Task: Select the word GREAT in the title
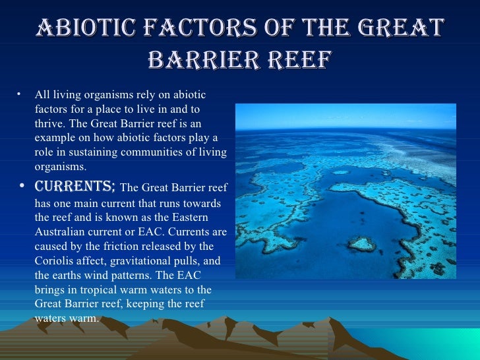tap(402, 28)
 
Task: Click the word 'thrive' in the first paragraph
tap(48, 123)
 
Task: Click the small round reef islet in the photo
tap(361, 244)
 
